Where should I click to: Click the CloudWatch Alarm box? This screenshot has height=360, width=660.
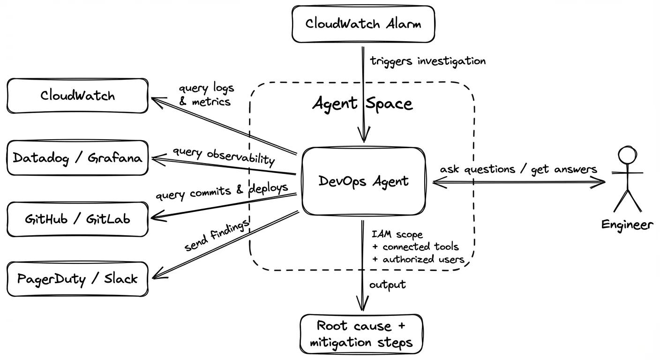click(363, 24)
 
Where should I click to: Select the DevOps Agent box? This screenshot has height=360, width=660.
click(363, 181)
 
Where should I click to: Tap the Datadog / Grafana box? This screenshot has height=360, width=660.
click(77, 158)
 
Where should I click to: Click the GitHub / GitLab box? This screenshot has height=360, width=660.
click(77, 219)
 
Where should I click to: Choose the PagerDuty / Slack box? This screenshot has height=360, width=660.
click(77, 279)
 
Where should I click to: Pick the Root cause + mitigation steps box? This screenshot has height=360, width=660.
click(361, 334)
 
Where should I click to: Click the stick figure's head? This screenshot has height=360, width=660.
click(626, 155)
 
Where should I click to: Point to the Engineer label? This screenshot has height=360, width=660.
click(627, 225)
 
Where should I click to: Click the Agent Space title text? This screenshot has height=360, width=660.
click(362, 104)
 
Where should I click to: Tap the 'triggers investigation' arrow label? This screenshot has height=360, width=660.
click(427, 61)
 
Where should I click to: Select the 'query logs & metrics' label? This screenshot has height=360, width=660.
click(206, 95)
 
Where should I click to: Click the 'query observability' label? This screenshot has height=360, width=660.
click(223, 156)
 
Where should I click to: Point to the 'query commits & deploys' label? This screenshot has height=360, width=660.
click(221, 191)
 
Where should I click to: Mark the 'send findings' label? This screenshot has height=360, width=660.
click(216, 236)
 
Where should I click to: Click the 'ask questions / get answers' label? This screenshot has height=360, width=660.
click(518, 169)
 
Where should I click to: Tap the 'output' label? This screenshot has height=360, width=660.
click(387, 285)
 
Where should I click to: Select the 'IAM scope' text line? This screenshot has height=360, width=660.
click(397, 234)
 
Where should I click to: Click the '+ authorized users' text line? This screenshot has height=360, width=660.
click(418, 259)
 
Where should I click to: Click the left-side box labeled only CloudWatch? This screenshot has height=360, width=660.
click(77, 96)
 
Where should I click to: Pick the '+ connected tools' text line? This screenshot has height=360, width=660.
click(415, 247)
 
